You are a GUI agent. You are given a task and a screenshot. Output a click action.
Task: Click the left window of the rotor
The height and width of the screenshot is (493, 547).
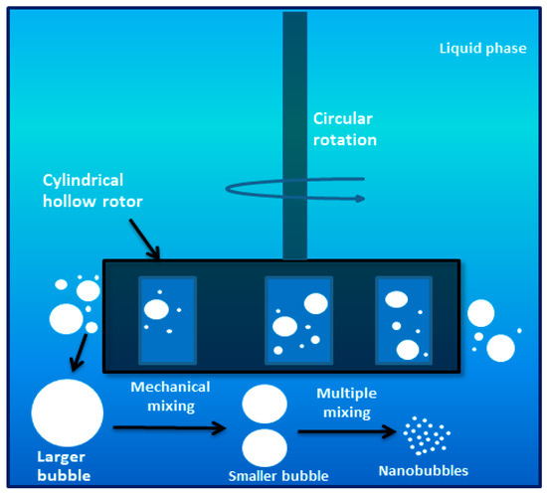click(x=167, y=319)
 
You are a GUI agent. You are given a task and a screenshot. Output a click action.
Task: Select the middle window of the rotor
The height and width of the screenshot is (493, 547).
click(x=296, y=321)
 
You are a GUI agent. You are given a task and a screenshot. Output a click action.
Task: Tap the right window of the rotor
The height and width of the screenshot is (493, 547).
click(x=403, y=320)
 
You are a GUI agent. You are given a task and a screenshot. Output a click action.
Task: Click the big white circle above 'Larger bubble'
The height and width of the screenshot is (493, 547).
click(x=68, y=412)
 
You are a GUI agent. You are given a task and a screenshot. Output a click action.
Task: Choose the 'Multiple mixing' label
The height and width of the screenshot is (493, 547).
click(x=343, y=404)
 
